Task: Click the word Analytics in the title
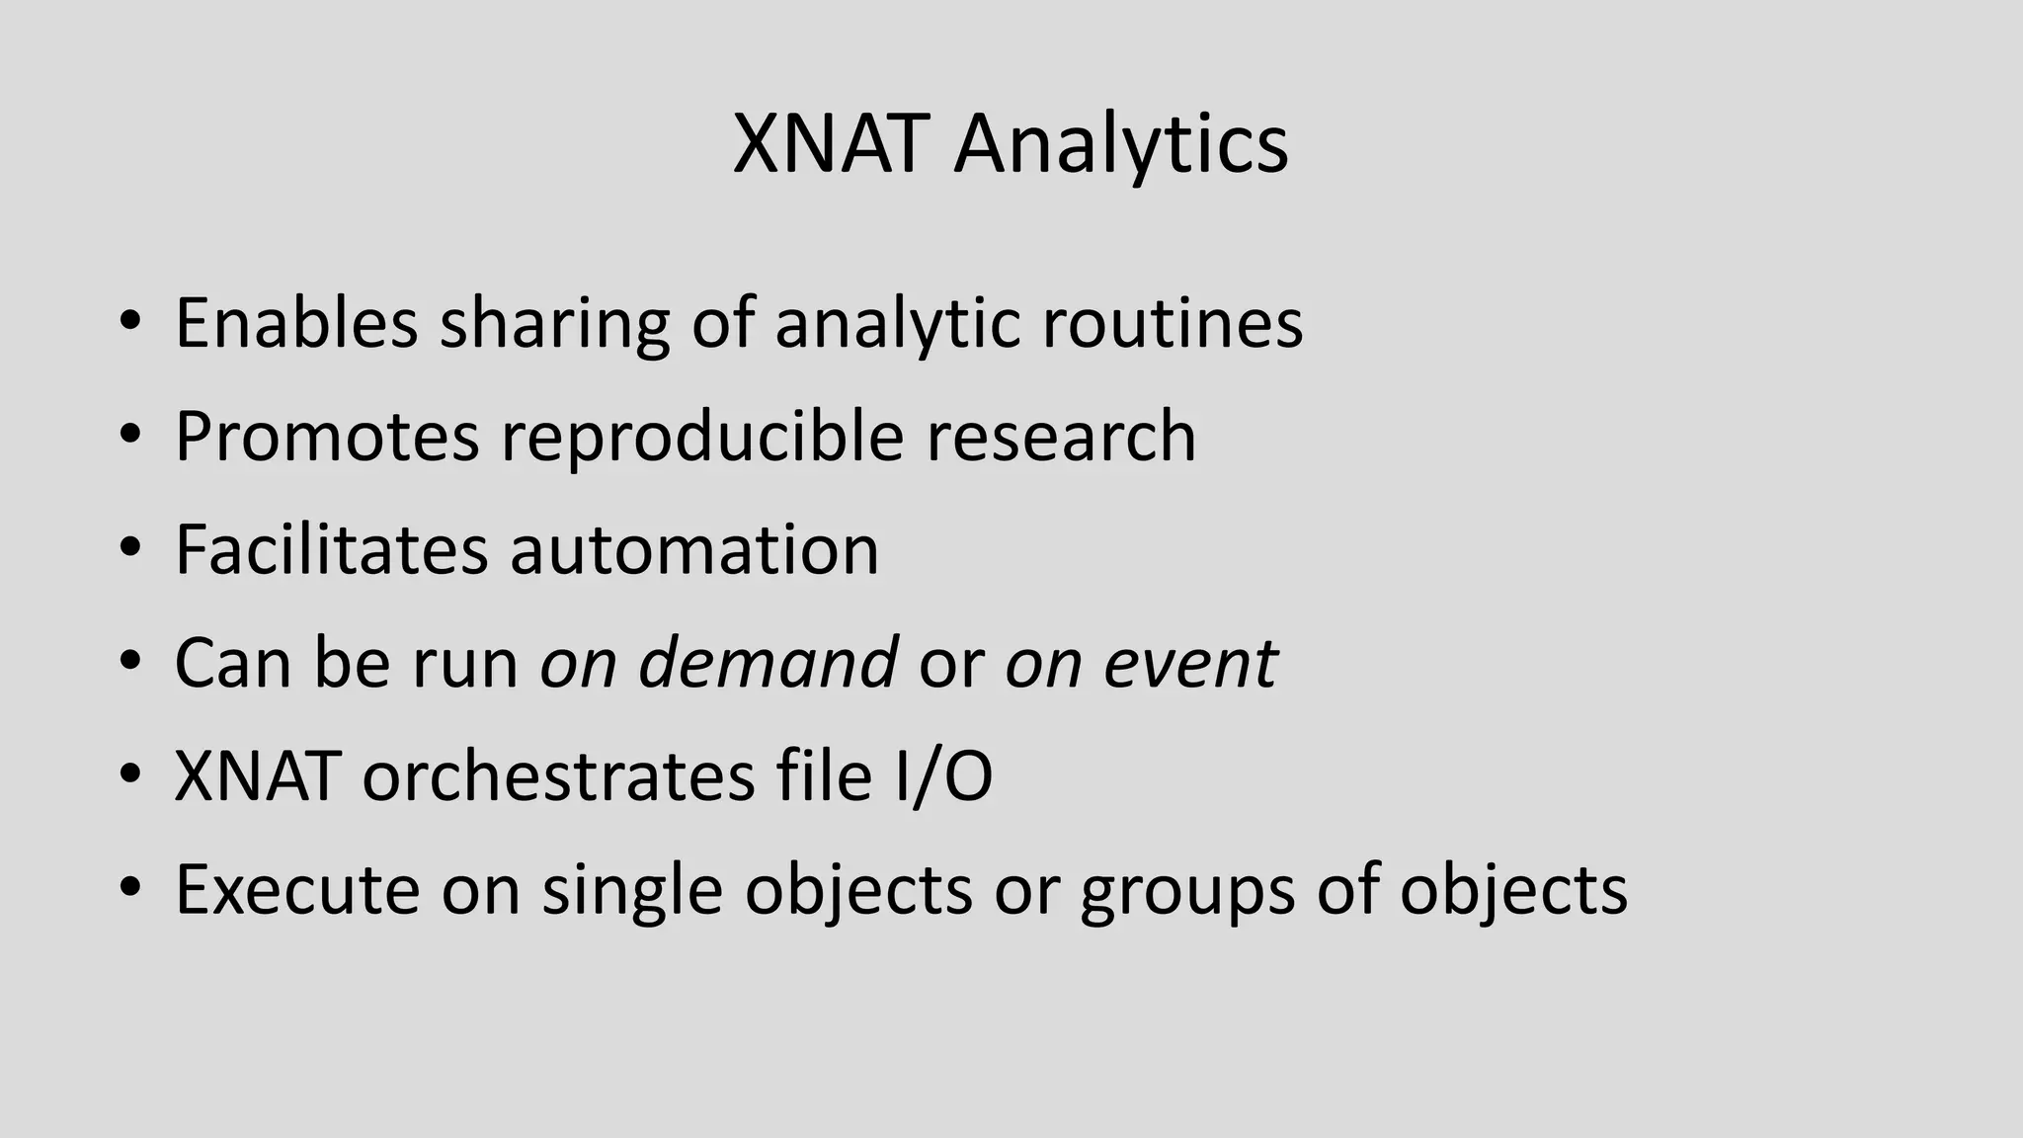pos(1121,145)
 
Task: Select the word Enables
pos(296,323)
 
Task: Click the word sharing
pos(554,323)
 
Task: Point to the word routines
pos(1173,323)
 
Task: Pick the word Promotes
pos(327,437)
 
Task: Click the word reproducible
pos(702,437)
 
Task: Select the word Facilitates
pos(331,550)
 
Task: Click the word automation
pos(693,550)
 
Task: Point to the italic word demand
pos(768,663)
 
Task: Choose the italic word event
pos(1189,663)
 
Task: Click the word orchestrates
pos(558,776)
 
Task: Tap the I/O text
pos(942,776)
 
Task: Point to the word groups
pos(1186,890)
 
